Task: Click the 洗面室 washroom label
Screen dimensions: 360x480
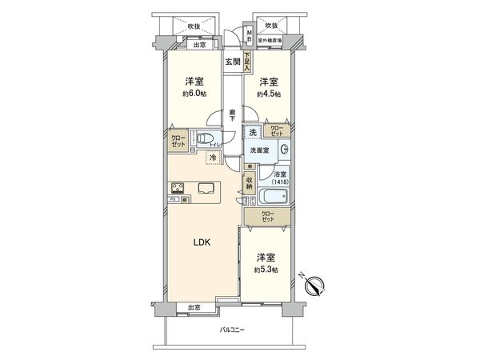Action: click(261, 150)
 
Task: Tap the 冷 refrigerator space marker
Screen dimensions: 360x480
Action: click(212, 158)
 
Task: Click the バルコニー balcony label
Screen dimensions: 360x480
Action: click(233, 330)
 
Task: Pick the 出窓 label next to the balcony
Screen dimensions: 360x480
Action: click(194, 307)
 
